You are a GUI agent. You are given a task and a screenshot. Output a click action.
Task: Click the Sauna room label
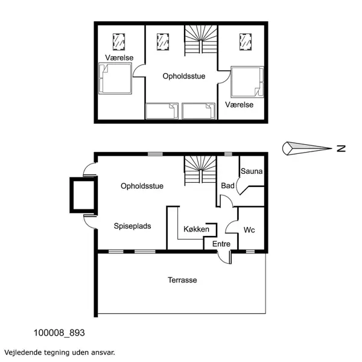coord(252,171)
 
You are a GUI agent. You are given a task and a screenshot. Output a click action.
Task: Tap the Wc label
coord(250,230)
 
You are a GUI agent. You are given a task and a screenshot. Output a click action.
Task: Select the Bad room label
coord(227,186)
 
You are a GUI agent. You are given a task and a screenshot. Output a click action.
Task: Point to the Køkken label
coord(197,229)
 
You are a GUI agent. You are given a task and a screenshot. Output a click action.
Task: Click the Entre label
coord(221,244)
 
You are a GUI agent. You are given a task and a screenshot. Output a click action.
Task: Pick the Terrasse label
coord(182,280)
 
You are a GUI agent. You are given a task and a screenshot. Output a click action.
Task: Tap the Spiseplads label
coord(132,226)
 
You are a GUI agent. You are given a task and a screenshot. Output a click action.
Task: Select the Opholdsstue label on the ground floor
coord(142,186)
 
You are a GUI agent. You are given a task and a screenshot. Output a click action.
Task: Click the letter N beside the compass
coord(341,148)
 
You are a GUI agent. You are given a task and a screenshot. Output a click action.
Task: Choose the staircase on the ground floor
coord(200,168)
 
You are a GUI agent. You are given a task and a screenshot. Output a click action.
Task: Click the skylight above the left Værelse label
coord(119,41)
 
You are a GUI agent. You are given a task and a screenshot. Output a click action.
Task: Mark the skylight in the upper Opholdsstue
coord(163,41)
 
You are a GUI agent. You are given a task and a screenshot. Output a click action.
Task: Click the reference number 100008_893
coord(59,332)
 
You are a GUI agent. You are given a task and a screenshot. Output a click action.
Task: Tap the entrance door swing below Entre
coord(224,257)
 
